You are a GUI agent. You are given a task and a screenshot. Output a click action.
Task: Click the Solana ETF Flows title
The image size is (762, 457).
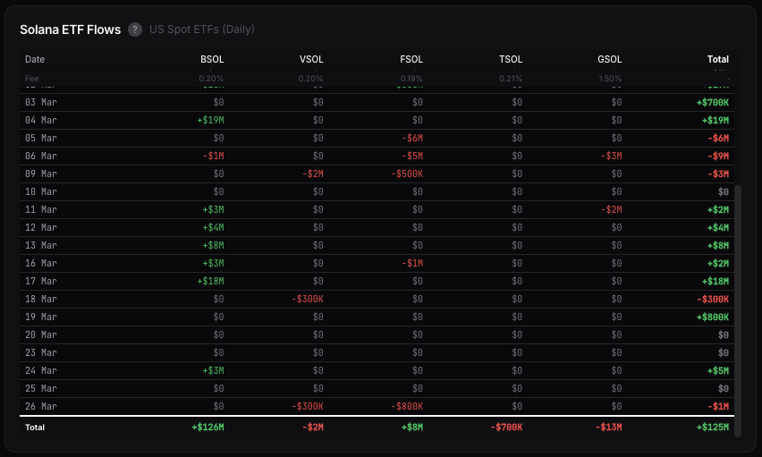70,30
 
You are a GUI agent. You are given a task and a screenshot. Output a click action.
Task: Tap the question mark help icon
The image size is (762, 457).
135,30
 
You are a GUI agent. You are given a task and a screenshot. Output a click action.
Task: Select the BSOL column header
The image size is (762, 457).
212,60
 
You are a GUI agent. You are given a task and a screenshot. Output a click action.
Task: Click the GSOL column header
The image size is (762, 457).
610,60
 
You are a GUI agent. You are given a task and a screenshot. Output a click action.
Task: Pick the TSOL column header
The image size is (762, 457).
511,60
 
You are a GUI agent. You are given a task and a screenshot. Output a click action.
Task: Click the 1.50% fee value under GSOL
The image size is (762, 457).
610,79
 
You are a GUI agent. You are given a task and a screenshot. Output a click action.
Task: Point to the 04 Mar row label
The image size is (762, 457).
41,121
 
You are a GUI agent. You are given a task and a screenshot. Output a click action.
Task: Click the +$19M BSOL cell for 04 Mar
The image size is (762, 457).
210,121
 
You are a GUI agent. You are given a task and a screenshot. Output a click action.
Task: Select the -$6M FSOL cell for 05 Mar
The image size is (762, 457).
412,139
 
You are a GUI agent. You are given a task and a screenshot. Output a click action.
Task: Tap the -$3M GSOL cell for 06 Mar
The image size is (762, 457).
612,157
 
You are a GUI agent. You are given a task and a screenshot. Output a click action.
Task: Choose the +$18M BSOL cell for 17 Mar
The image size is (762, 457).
210,282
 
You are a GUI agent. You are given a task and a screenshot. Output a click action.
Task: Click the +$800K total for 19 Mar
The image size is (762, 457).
713,317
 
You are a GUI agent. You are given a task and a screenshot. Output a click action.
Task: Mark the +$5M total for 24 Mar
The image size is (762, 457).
718,371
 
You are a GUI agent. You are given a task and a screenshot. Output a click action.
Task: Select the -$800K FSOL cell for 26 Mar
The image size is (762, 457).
407,407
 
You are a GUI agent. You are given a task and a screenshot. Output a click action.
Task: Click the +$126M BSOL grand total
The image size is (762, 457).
207,427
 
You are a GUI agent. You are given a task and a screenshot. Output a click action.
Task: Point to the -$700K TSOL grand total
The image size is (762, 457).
506,427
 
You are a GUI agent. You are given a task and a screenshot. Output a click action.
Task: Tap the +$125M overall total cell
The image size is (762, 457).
713,427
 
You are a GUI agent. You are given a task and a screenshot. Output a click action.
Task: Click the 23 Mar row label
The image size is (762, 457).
41,353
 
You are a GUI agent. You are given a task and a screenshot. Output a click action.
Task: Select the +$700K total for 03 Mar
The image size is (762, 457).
713,103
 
